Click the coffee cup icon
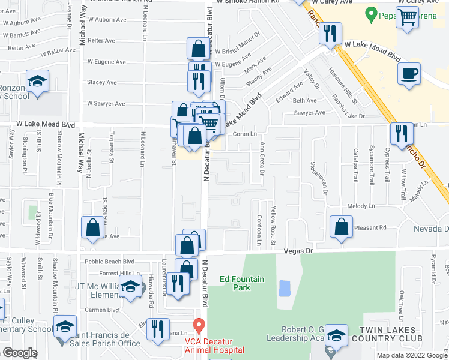point(409,74)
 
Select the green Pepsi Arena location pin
point(371,13)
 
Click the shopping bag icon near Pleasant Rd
point(341,227)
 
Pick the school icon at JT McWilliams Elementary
point(130,286)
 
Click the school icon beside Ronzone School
point(37,81)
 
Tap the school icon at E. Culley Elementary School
point(65,326)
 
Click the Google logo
point(20,353)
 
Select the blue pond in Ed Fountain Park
point(285,288)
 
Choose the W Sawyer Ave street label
point(106,103)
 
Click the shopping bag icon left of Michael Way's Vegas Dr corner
point(93,227)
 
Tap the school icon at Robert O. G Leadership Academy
point(336,335)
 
